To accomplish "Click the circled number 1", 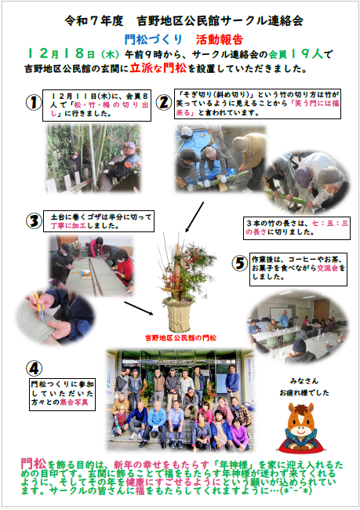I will [33, 103].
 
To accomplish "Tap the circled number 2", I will [163, 101].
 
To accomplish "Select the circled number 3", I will [34, 220].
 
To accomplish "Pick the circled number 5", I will [239, 261].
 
